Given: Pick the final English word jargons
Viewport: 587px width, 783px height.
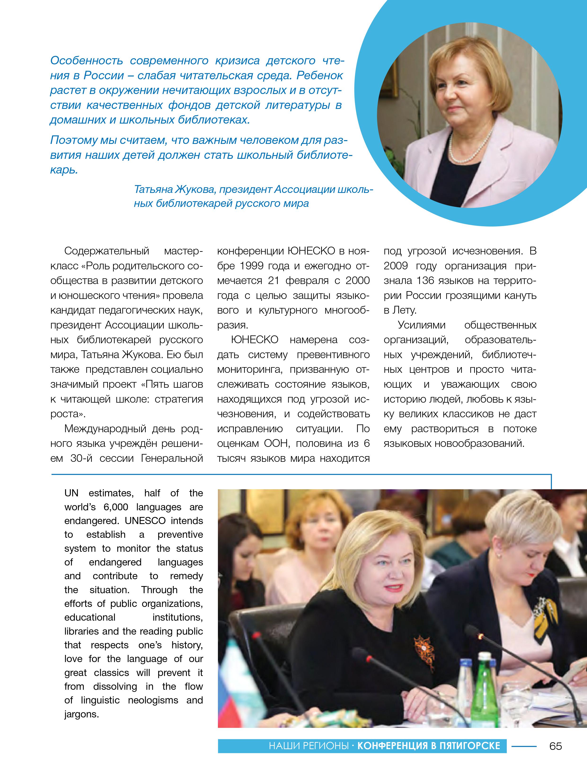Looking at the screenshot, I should click(x=81, y=714).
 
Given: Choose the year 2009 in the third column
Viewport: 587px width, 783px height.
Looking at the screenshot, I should click(x=396, y=266).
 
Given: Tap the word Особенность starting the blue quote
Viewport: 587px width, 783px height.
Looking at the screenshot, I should click(x=86, y=61).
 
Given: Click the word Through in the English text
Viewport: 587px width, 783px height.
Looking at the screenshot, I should click(x=159, y=590).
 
